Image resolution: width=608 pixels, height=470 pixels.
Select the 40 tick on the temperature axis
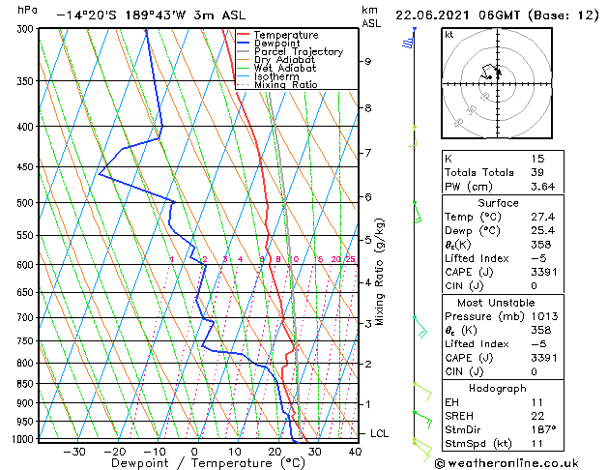click(x=354, y=452)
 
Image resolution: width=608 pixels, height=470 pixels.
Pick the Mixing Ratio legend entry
click(x=285, y=85)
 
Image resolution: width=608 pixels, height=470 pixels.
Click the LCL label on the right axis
click(x=379, y=433)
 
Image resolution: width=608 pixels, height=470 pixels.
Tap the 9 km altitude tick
click(x=368, y=61)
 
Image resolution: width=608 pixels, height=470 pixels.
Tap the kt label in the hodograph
click(x=449, y=35)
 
